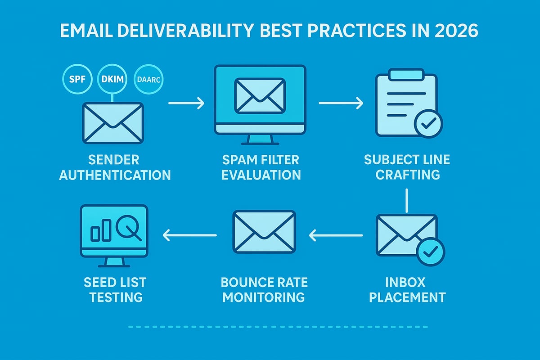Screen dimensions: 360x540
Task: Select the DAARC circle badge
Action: [x=148, y=81]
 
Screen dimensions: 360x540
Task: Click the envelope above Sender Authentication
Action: [x=113, y=122]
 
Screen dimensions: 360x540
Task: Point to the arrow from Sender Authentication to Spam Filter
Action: [x=186, y=103]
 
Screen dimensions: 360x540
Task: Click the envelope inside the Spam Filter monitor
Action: [x=260, y=95]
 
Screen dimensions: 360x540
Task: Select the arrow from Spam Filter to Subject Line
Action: [x=341, y=103]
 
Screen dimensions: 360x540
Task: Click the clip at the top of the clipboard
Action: [x=406, y=74]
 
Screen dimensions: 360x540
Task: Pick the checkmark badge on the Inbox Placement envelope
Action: [x=430, y=252]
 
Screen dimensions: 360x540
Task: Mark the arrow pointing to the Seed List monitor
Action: [x=189, y=234]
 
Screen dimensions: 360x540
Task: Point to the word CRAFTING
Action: [x=408, y=174]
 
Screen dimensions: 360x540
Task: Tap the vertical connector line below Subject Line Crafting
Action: [x=406, y=200]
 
